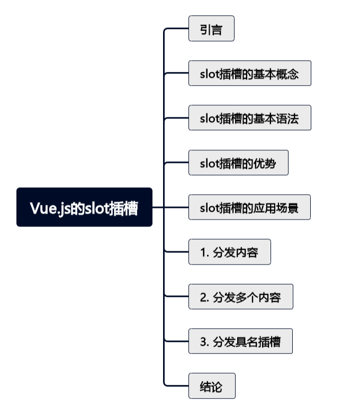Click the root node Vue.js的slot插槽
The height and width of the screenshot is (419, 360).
click(x=84, y=207)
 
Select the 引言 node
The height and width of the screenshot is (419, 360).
click(x=211, y=29)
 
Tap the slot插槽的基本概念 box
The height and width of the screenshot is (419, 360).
click(x=249, y=74)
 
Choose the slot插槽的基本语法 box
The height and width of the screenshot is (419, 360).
click(x=249, y=118)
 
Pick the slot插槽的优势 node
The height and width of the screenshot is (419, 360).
click(x=238, y=163)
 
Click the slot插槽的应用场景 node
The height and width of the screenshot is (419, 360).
click(x=249, y=207)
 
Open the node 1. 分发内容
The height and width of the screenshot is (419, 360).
click(x=229, y=252)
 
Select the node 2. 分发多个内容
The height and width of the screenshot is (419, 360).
click(x=240, y=297)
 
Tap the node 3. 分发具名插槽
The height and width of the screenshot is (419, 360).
click(x=240, y=341)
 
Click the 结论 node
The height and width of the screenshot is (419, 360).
click(x=211, y=386)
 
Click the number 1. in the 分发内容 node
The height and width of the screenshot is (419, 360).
click(x=204, y=252)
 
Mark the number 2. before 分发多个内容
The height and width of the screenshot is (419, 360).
click(x=204, y=297)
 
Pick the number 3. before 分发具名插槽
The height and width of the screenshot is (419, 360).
click(x=204, y=342)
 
